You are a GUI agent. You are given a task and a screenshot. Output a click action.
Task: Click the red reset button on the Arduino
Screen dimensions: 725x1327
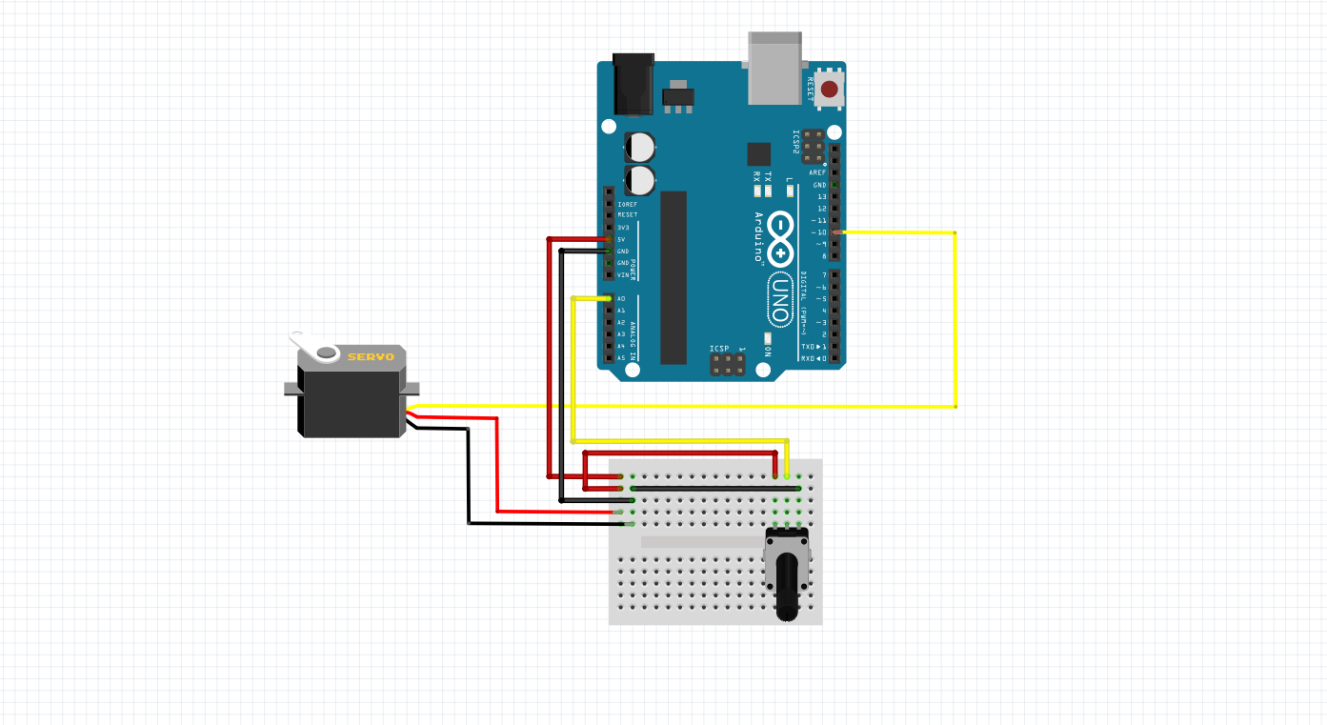830,90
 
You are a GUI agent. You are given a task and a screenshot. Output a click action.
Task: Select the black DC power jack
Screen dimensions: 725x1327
633,84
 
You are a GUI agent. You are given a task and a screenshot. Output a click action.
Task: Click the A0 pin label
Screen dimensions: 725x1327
621,299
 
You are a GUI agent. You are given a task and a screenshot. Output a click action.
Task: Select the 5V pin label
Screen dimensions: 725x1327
621,239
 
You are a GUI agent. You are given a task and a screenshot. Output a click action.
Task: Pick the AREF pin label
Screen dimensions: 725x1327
817,172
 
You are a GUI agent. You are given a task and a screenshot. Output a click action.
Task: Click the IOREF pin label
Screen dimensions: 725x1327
627,204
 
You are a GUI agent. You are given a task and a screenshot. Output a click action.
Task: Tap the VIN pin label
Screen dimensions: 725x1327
622,274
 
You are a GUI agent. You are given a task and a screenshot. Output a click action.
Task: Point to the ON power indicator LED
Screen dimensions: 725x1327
768,337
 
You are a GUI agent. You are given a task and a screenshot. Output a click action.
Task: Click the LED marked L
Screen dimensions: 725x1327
789,191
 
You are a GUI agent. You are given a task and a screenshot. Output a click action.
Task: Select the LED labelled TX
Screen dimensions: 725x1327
769,191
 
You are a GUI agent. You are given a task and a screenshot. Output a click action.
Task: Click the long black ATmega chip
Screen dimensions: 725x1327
674,276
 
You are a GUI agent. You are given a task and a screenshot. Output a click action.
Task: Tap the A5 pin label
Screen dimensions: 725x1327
621,358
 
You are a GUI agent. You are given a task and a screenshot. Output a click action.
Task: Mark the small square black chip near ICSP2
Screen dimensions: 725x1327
759,154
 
